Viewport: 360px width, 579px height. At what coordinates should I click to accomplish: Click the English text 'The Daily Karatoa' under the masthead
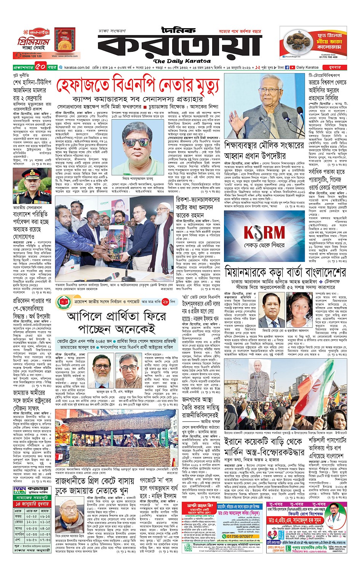(x=182, y=61)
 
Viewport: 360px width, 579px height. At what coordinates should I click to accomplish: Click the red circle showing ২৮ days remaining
(x=165, y=302)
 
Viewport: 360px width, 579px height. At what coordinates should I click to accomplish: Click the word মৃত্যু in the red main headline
(x=203, y=86)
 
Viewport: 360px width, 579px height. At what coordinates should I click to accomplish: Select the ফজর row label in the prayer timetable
(x=19, y=516)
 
